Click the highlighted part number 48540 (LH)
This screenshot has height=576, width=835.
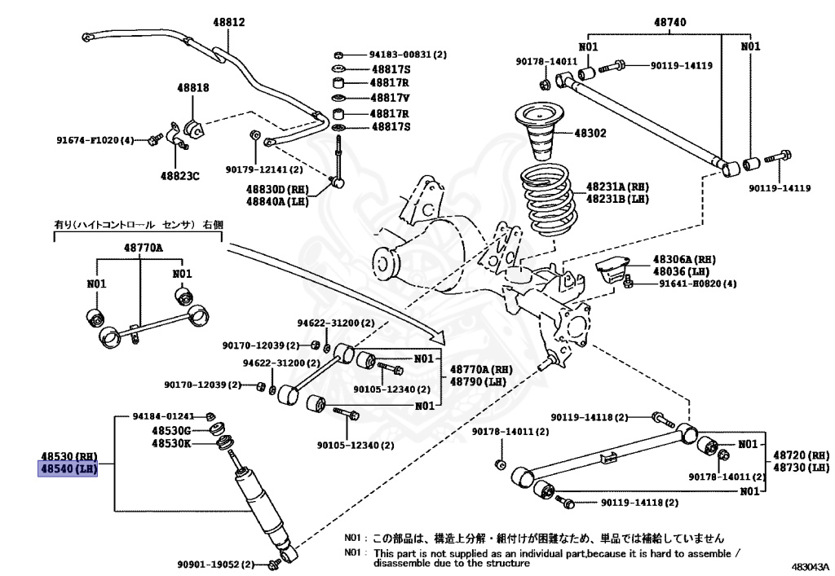(69, 469)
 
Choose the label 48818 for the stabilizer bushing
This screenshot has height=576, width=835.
(194, 88)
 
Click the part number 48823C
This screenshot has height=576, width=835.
(179, 174)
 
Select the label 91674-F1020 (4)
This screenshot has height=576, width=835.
(95, 140)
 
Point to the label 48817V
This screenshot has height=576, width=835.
(390, 99)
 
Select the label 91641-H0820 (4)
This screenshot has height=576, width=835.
(685, 284)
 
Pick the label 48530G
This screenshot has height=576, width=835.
(170, 430)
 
